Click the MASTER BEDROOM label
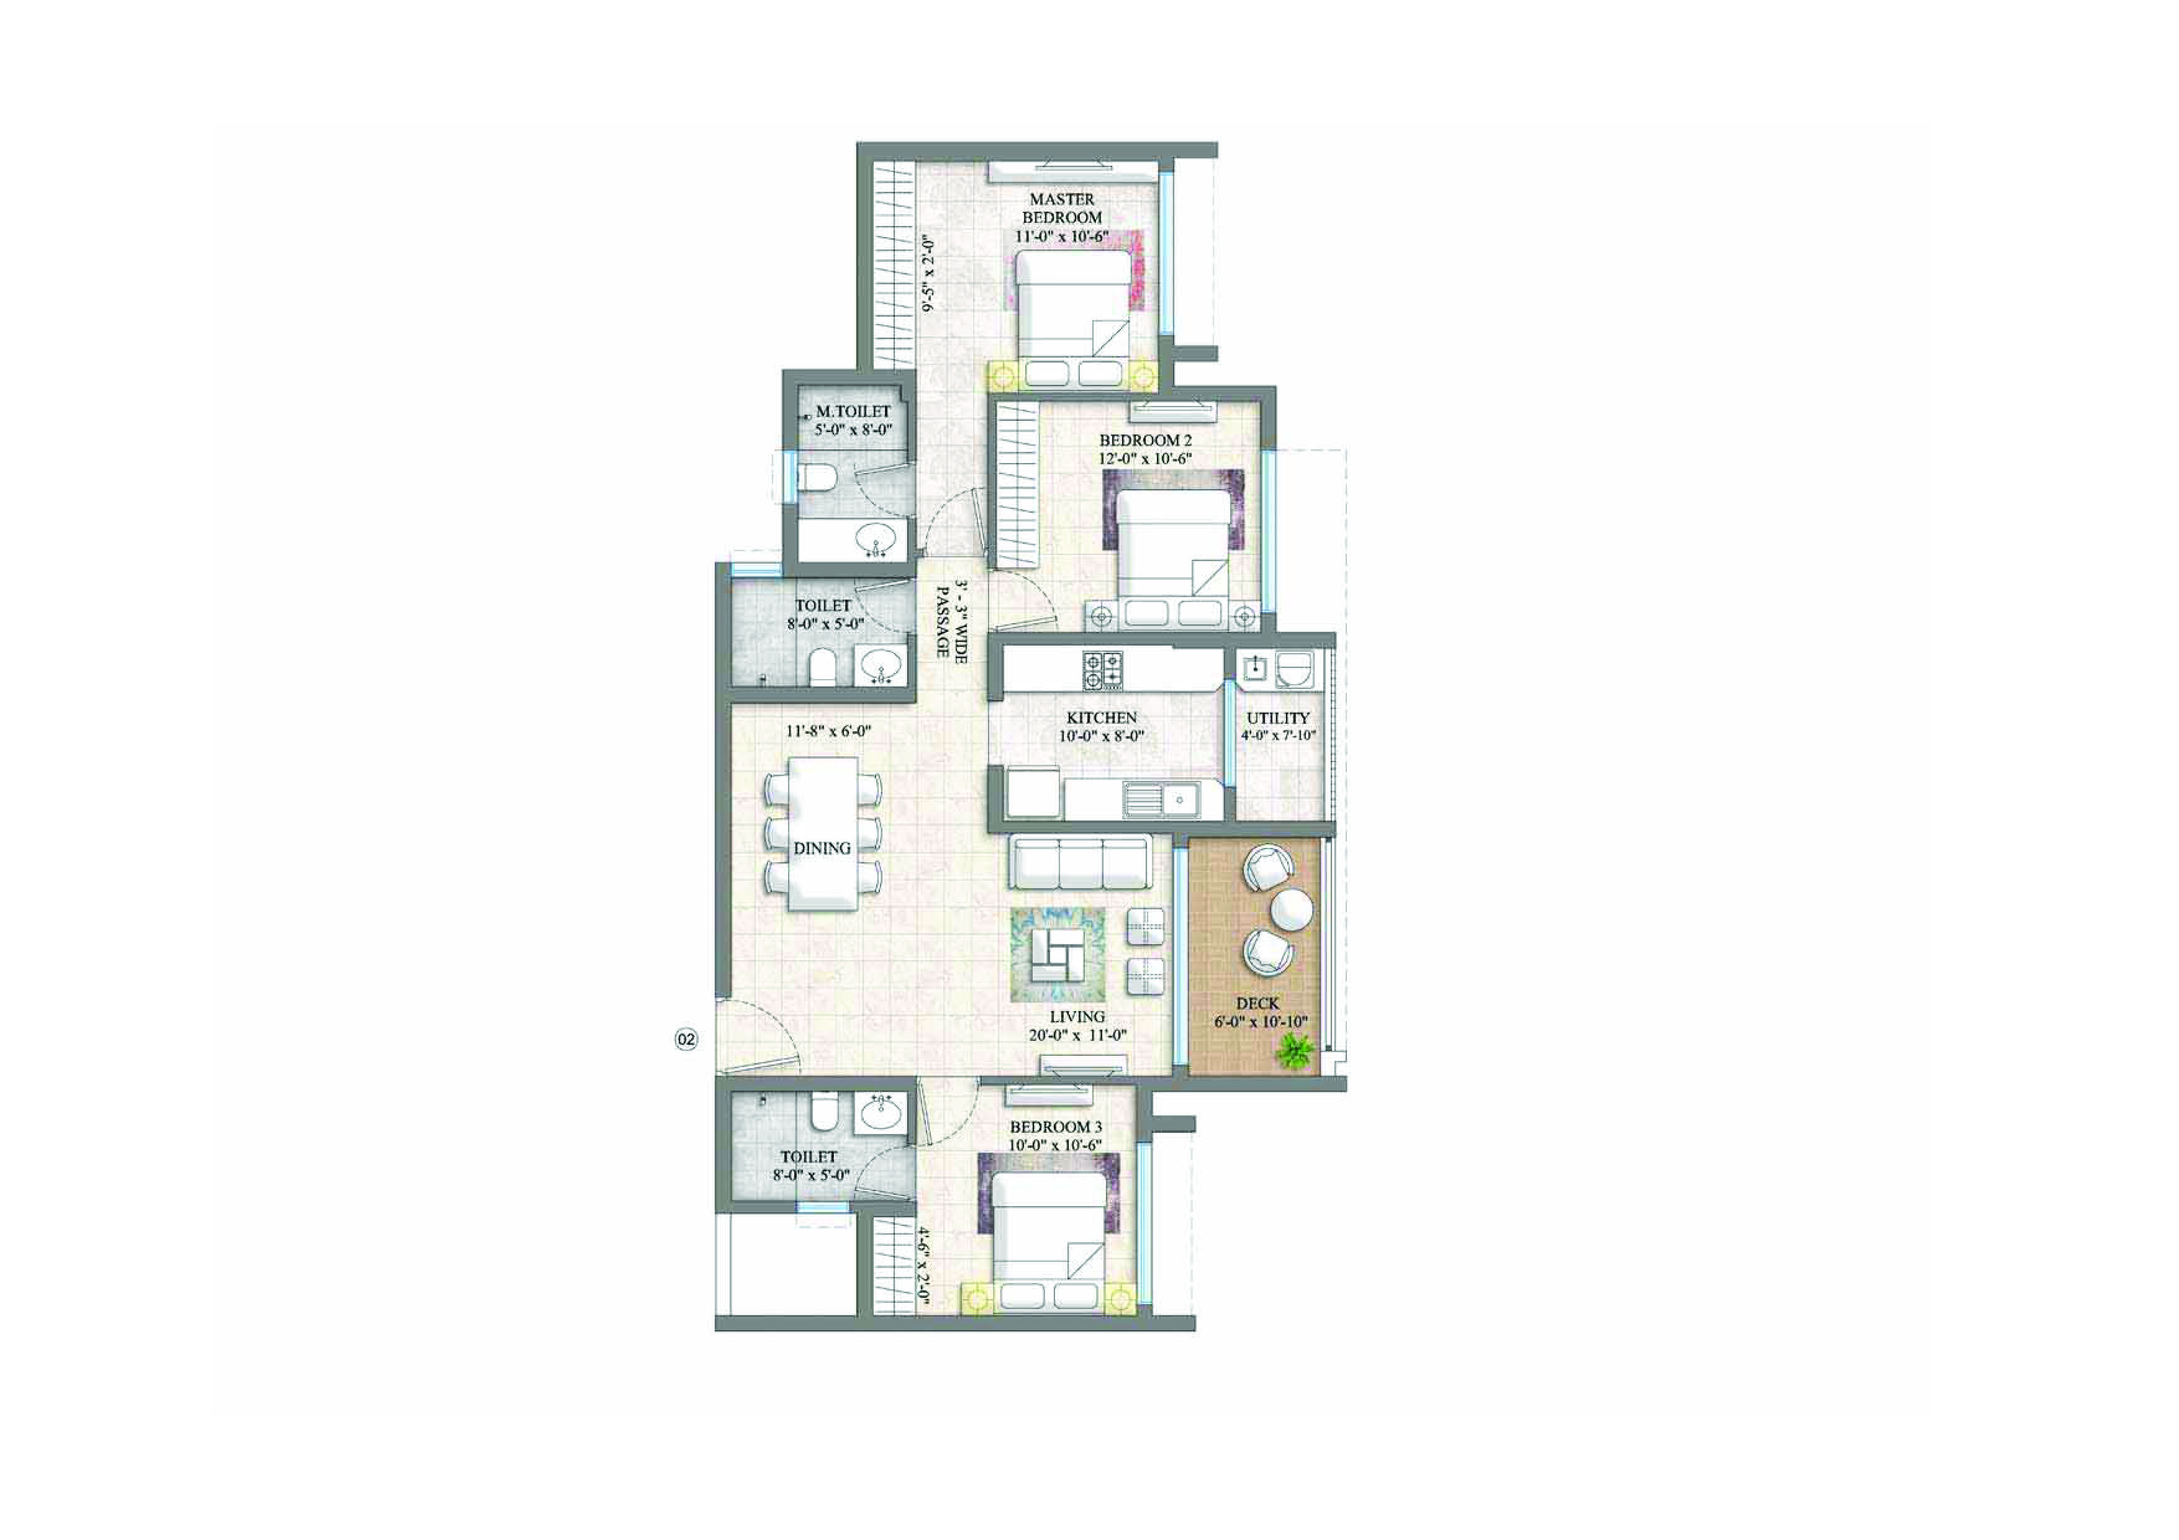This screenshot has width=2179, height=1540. click(1062, 208)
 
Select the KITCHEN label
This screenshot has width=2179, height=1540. click(1101, 718)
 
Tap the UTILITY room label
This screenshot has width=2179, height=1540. click(1277, 718)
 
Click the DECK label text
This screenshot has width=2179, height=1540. click(1257, 1003)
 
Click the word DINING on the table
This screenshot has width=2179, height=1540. click(822, 849)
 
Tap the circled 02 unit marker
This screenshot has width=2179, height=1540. click(685, 1039)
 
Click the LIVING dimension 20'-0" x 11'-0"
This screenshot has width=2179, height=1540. click(1077, 1035)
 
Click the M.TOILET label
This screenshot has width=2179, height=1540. click(853, 411)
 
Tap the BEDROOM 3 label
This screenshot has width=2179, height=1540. click(1055, 1127)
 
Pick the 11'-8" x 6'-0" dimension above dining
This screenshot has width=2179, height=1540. click(828, 732)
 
